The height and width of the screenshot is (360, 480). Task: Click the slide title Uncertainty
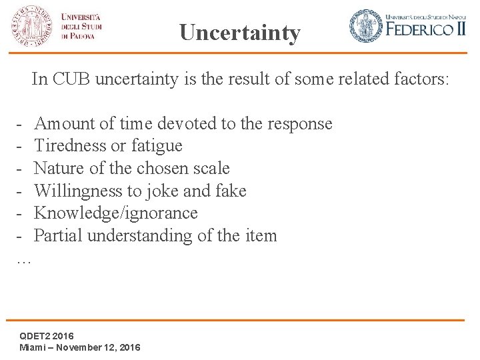(x=240, y=33)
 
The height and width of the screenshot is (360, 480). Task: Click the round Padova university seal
(x=30, y=26)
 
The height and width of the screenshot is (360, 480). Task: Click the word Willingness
(x=76, y=191)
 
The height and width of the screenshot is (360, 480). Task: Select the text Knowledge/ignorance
(x=116, y=213)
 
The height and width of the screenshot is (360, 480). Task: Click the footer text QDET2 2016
(x=47, y=335)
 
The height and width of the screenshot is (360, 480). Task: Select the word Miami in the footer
(x=33, y=347)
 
